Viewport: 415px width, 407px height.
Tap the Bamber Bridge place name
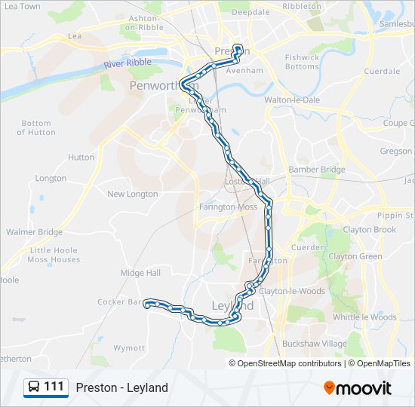point(317,170)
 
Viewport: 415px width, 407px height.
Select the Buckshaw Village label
point(314,344)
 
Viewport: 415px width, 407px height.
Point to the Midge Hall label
point(140,273)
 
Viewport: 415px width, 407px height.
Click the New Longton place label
point(133,194)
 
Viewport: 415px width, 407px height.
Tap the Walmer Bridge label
point(34,232)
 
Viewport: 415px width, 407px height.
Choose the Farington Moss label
point(228,207)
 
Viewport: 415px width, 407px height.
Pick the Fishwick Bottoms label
point(302,62)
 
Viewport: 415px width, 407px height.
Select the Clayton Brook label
point(369,230)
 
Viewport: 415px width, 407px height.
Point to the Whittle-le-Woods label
point(364,317)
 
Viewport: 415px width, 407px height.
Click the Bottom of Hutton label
point(36,127)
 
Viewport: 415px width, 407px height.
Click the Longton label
point(51,179)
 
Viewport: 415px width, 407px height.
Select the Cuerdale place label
point(382,72)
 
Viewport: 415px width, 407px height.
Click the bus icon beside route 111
point(34,387)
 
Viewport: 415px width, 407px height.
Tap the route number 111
point(54,387)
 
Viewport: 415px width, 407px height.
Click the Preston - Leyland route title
point(121,388)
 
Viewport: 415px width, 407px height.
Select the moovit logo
point(357,388)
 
